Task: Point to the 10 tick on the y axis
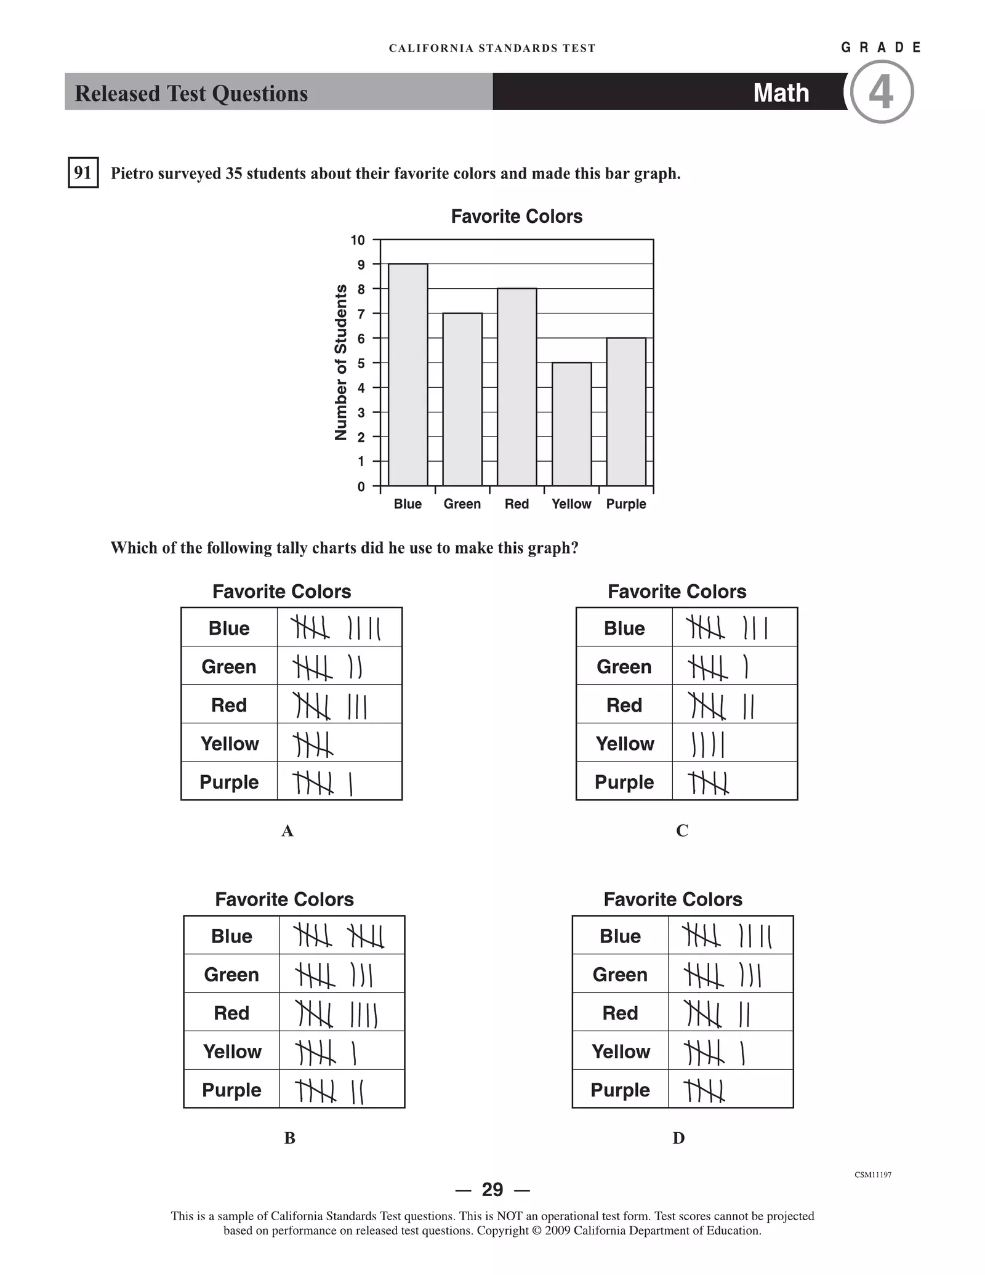click(358, 240)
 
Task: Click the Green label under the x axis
click(462, 504)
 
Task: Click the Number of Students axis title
click(340, 363)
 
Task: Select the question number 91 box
click(83, 172)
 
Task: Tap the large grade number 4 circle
click(881, 92)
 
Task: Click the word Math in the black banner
click(781, 93)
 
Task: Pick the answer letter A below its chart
click(287, 831)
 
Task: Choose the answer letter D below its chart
click(678, 1138)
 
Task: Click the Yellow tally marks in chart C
click(708, 744)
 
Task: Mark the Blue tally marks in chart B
click(339, 936)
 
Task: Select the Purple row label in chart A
click(229, 782)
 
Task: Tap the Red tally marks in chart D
click(718, 1013)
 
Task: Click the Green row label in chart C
click(624, 667)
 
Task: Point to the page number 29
click(492, 1189)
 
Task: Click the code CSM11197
click(872, 1175)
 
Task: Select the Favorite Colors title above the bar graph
click(517, 216)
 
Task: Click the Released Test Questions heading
click(191, 94)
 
